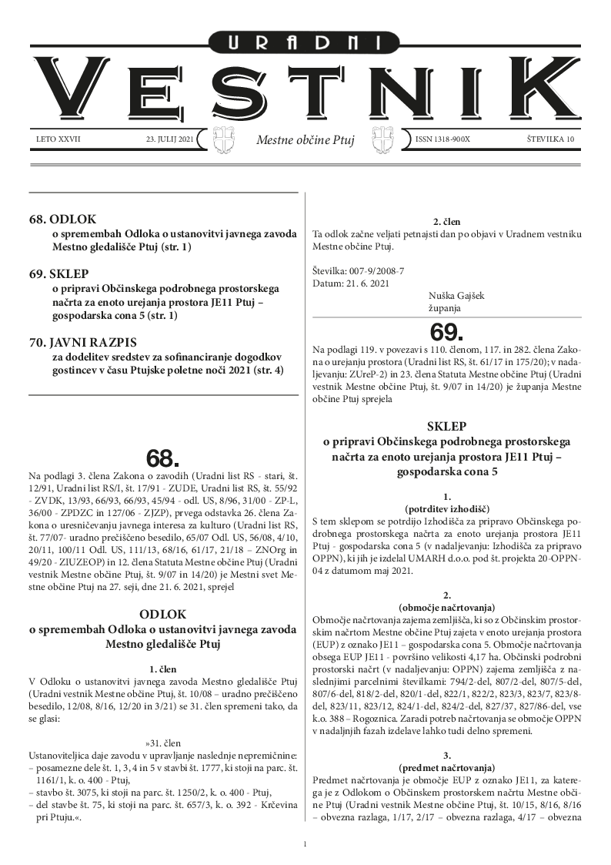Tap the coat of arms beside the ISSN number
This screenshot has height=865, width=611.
tap(384, 140)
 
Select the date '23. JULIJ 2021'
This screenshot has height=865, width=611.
tap(170, 140)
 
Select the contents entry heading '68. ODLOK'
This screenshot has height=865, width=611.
tap(64, 220)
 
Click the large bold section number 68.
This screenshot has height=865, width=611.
tap(162, 458)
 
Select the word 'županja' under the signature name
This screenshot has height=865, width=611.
tap(444, 308)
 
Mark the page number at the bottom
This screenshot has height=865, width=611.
tap(305, 845)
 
